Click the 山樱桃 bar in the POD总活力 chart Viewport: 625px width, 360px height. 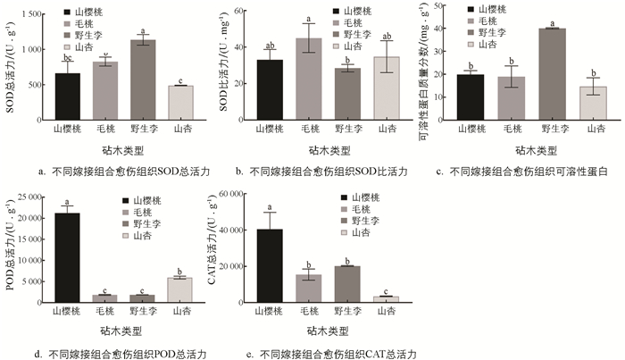(67, 256)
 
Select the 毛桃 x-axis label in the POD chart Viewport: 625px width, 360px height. (105, 313)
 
